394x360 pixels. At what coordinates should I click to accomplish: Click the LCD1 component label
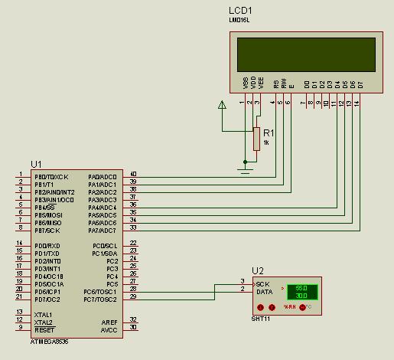(240, 11)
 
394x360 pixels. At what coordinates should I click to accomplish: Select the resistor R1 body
(256, 139)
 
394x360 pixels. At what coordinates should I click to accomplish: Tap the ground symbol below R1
(245, 162)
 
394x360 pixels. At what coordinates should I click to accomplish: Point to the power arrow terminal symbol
(223, 106)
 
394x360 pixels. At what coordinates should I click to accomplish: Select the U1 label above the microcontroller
(36, 164)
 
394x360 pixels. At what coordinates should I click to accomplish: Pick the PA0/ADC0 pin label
(103, 176)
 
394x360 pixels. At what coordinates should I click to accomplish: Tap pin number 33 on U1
(133, 227)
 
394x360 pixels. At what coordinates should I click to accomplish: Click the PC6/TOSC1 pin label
(100, 292)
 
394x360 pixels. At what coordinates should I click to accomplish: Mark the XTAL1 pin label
(43, 314)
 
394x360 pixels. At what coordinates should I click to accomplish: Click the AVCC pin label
(109, 329)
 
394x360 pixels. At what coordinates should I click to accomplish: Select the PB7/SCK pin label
(47, 230)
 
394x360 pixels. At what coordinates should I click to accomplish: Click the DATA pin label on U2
(264, 292)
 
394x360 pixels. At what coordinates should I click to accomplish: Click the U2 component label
(257, 271)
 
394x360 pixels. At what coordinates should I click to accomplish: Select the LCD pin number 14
(357, 103)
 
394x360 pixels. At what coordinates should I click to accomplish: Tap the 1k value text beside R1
(266, 143)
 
